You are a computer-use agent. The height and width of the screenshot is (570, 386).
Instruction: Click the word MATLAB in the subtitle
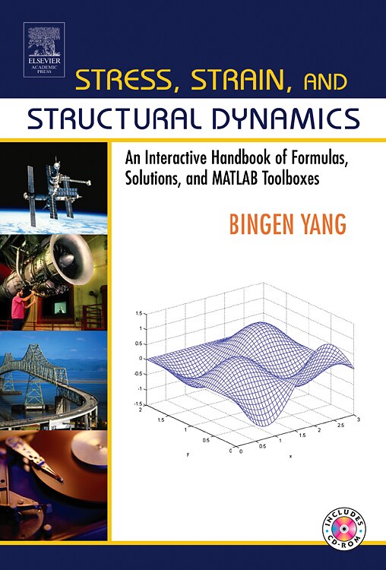click(255, 182)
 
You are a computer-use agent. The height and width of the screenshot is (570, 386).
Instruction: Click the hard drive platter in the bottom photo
click(76, 464)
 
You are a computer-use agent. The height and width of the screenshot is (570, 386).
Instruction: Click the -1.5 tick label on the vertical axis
click(138, 403)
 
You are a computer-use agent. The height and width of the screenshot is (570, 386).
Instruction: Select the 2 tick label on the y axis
click(140, 408)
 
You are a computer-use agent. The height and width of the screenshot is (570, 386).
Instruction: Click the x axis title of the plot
click(289, 456)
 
